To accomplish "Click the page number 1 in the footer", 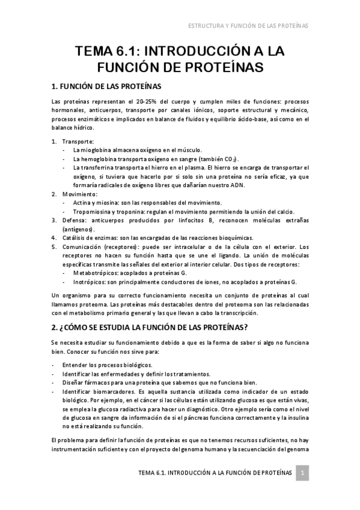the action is point(304,473).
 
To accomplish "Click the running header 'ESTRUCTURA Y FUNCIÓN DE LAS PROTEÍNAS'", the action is point(248,26).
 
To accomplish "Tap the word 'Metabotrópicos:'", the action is point(96,274).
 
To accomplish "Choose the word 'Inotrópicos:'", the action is point(91,282).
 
